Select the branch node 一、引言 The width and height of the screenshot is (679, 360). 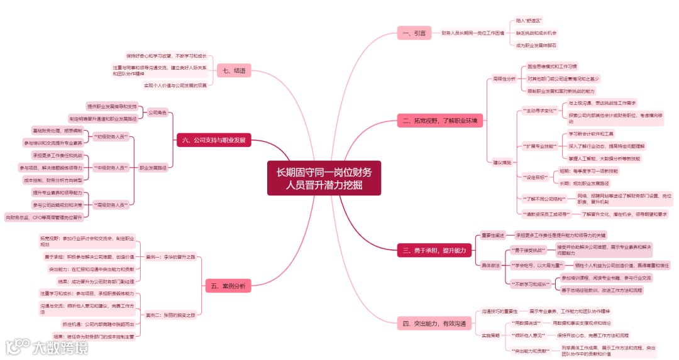click(414, 33)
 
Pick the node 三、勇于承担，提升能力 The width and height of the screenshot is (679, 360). click(434, 251)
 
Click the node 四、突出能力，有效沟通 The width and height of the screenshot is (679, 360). click(434, 324)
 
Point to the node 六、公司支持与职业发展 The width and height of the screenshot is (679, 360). click(213, 139)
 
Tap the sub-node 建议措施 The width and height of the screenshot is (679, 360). click(502, 163)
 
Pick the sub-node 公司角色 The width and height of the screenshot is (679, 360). click(157, 112)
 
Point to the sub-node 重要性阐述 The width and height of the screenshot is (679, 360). click(493, 235)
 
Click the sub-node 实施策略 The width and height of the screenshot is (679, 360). click(491, 335)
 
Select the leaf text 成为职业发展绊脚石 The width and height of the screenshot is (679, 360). click(536, 45)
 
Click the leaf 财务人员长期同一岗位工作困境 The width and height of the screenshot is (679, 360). click(472, 33)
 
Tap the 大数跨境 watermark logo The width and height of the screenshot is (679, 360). click(47, 346)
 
